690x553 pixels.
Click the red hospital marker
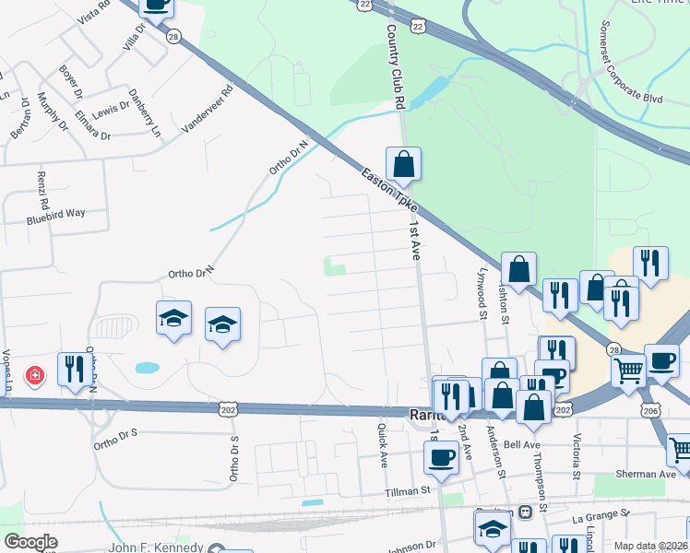[35, 376]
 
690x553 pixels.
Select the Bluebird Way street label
[55, 213]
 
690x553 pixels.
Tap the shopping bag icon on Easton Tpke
[404, 165]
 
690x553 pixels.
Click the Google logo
[30, 542]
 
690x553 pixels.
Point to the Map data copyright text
[650, 546]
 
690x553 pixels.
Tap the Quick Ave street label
[384, 446]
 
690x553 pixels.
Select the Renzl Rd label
[42, 188]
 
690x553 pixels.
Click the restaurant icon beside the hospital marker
[72, 370]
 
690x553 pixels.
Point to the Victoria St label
[578, 452]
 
